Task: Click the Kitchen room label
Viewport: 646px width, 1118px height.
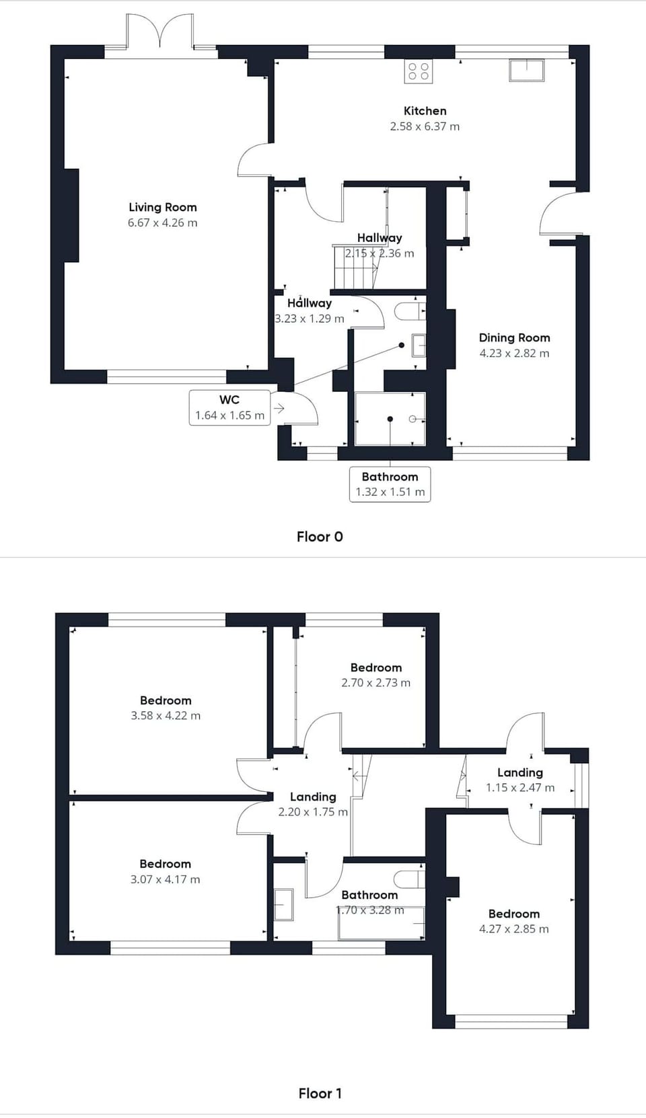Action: (425, 111)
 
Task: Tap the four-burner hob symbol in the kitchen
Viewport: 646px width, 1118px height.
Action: (419, 71)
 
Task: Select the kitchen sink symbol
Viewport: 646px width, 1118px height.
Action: (526, 71)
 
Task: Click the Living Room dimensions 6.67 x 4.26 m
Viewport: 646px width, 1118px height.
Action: (162, 223)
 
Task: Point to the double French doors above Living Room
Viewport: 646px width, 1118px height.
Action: (160, 34)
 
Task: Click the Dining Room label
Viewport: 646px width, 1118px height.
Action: (514, 337)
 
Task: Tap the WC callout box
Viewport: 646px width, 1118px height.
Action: (229, 407)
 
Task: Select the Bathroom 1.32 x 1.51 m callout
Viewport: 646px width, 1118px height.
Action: (390, 484)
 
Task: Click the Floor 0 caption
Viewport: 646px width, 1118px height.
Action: (320, 536)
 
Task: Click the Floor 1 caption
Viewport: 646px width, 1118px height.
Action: (320, 1093)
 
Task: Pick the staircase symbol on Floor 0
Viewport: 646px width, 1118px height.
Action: (355, 266)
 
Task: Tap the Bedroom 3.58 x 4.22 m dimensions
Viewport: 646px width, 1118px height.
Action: (166, 716)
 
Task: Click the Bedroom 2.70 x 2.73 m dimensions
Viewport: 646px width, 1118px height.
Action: (375, 683)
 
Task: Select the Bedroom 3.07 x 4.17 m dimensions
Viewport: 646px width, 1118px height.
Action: (165, 879)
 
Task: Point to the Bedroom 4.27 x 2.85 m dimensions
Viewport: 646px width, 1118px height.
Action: (513, 929)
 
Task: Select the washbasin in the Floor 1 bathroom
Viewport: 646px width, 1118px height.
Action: (284, 905)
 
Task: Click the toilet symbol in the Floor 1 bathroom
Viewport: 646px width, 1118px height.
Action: (410, 879)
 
